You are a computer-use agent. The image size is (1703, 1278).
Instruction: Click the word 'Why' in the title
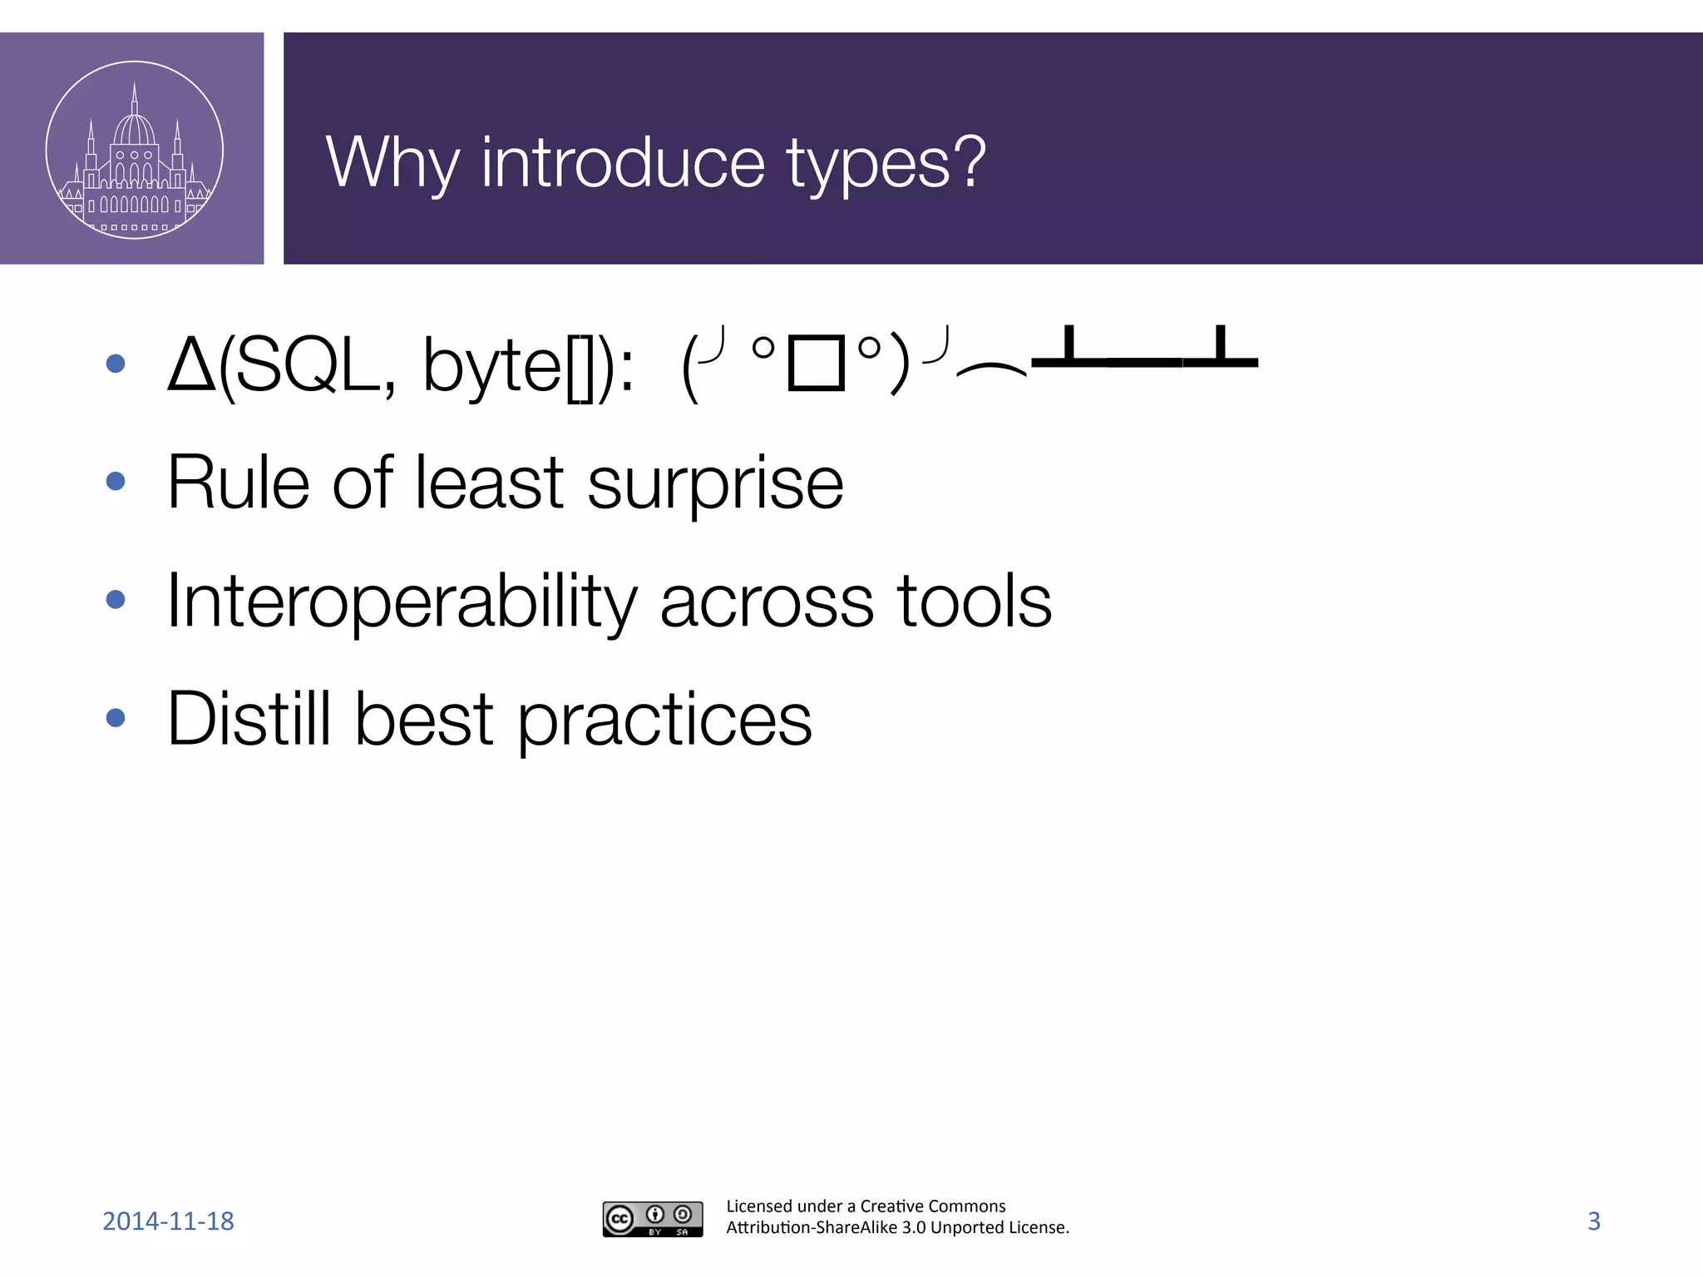coord(392,163)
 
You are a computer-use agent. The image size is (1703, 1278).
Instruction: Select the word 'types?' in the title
coord(886,165)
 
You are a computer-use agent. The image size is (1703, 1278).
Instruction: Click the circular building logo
coord(134,150)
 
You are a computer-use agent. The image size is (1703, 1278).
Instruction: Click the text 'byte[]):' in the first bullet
coord(529,366)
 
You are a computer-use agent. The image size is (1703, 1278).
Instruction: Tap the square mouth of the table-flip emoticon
coord(816,363)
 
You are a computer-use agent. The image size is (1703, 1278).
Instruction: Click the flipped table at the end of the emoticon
coord(1143,349)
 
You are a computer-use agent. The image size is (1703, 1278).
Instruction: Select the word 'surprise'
coord(715,483)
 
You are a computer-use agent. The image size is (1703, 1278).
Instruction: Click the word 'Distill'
coord(249,718)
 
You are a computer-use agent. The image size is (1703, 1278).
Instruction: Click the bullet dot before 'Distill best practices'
coord(116,717)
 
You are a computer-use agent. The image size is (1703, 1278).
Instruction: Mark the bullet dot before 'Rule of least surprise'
coord(116,481)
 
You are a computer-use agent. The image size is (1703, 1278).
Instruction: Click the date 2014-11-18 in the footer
coord(168,1221)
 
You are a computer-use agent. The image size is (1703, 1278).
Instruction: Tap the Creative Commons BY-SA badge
coord(653,1219)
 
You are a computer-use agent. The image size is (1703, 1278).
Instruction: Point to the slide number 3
coord(1593,1221)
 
